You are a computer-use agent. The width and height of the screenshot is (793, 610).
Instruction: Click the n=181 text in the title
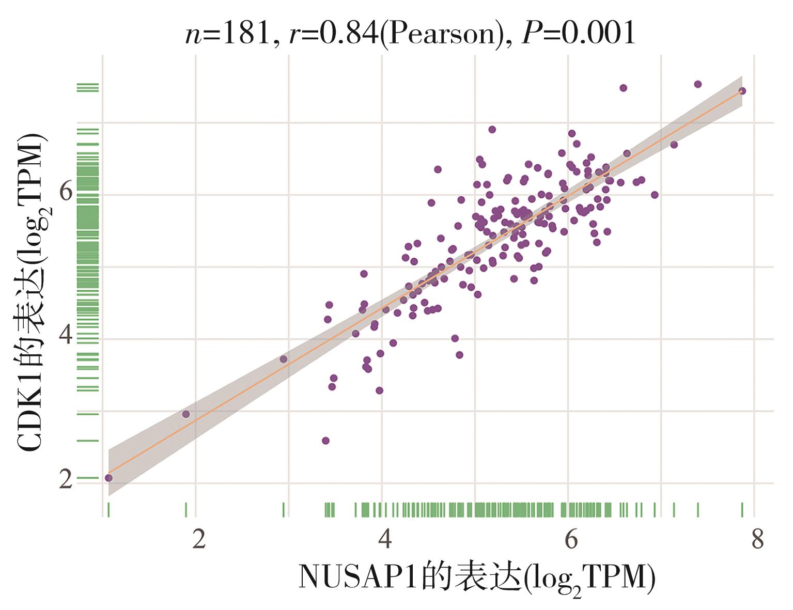coord(227,34)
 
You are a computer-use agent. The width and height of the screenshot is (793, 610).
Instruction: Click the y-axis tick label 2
coord(66,479)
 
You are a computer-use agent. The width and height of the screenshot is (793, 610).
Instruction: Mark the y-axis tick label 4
coord(66,335)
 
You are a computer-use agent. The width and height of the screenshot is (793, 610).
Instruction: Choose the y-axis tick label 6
coord(66,192)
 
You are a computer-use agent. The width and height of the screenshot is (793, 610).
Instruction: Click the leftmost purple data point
coord(108,478)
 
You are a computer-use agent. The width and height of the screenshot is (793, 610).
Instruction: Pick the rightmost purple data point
coord(742,91)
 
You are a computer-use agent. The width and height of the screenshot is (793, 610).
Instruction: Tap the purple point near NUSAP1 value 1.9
coord(186,414)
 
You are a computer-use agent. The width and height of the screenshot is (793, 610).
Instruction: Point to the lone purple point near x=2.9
coord(283,359)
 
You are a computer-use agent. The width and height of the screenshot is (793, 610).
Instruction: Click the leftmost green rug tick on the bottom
coord(108,510)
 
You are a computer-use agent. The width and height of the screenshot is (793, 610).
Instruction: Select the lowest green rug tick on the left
coord(87,478)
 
